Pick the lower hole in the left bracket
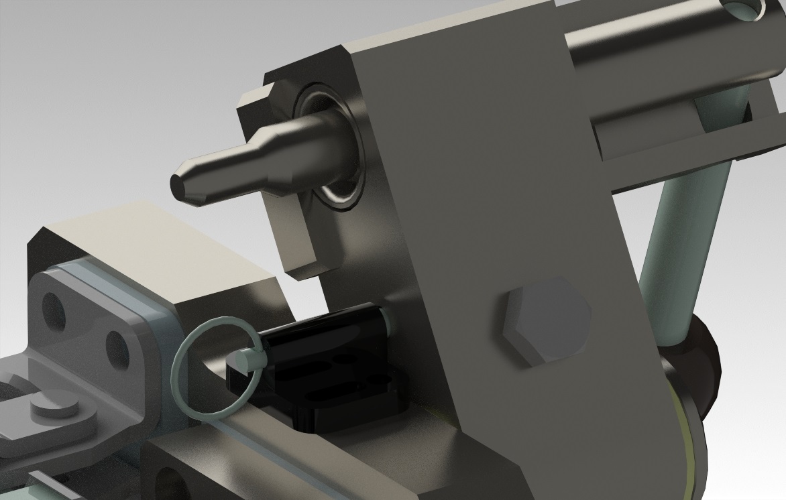[116, 348]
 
